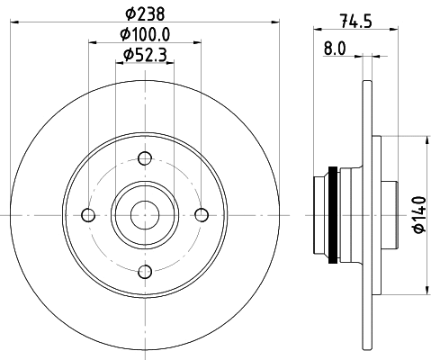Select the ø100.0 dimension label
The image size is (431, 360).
145,34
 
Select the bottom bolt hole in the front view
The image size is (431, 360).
144,271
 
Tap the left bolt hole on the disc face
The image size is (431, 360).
87,214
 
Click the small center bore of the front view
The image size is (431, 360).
144,214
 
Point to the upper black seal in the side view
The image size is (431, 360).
335,173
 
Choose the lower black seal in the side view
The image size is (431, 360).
335,256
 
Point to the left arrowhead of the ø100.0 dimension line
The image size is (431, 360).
92,42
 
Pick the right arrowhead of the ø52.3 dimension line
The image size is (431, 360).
171,62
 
